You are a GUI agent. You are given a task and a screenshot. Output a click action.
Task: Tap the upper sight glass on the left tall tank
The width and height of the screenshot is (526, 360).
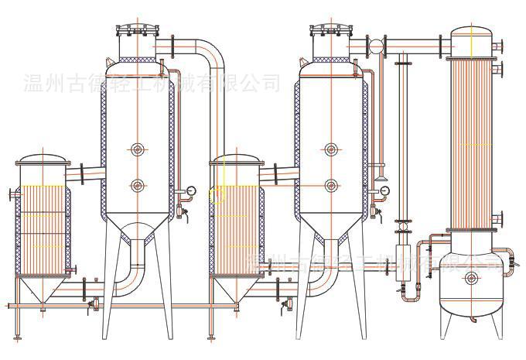[x=137, y=149]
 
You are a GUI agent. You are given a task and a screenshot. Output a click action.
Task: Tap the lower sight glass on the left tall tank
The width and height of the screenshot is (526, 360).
[x=137, y=185]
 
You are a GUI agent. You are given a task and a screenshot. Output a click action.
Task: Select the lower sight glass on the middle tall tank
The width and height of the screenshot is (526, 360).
[x=331, y=185]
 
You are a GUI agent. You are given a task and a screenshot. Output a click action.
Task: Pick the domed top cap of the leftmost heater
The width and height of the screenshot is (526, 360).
[x=43, y=159]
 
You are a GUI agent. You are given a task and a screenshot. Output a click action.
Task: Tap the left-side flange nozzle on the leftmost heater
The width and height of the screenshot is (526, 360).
[x=11, y=194]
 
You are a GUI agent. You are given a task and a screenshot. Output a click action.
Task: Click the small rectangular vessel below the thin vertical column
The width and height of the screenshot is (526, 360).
[x=401, y=270]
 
